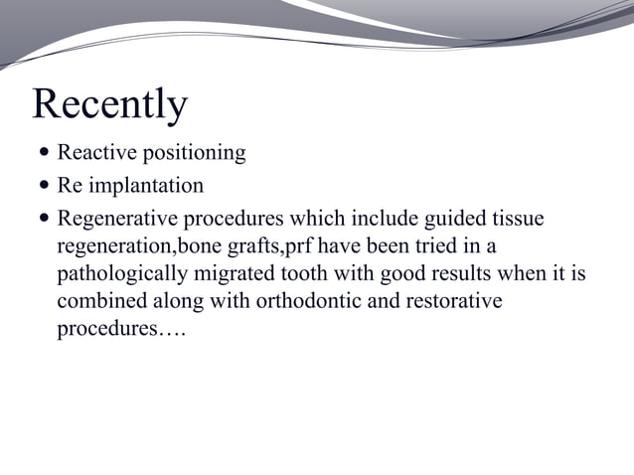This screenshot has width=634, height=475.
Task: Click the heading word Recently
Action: click(109, 105)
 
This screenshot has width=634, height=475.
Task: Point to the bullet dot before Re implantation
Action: click(44, 186)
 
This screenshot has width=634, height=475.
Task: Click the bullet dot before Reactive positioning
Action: click(44, 153)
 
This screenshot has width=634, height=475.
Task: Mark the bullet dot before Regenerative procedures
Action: click(44, 218)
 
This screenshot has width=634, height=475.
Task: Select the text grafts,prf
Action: click(272, 245)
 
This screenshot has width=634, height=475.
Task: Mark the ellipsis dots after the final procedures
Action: click(170, 329)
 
